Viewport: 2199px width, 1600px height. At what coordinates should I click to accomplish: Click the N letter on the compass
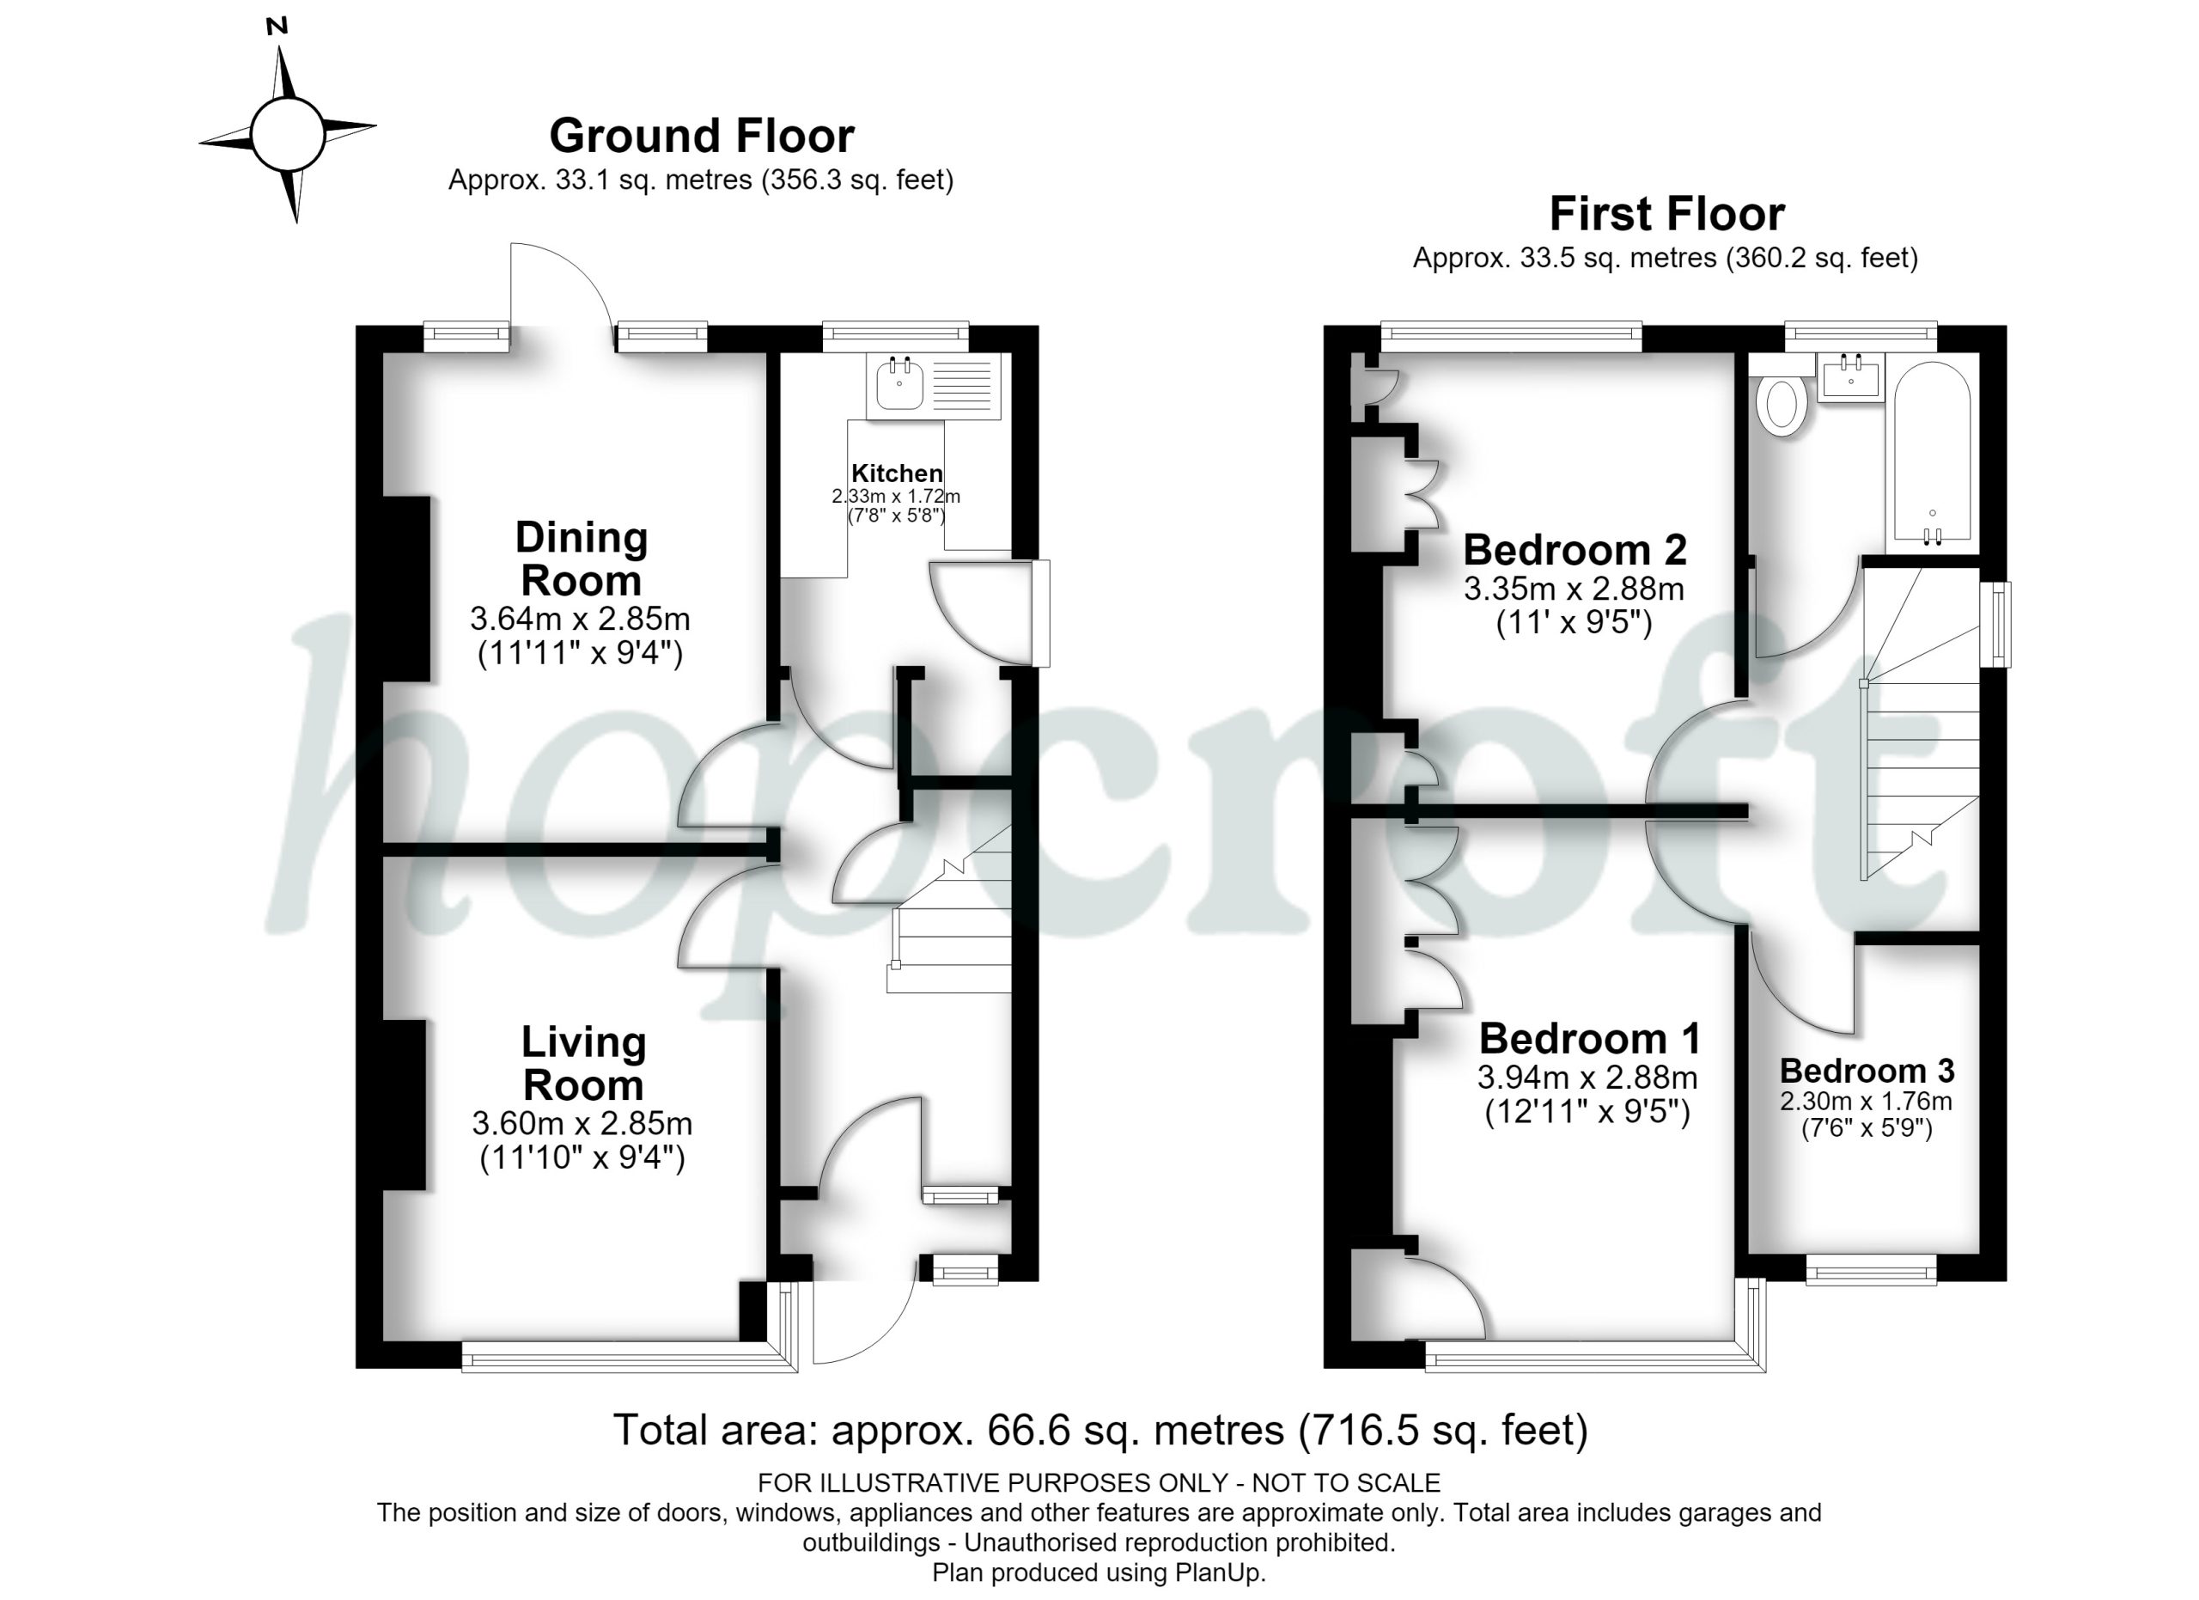click(277, 27)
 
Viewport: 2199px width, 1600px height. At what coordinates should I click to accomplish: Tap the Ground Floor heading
click(702, 136)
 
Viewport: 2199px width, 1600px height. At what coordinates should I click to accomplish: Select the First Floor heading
click(1666, 214)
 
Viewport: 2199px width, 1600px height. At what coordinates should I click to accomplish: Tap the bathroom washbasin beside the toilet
click(1852, 376)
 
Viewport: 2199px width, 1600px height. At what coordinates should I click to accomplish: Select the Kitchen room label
click(897, 473)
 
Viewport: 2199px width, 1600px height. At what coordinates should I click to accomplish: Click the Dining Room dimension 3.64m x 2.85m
click(580, 618)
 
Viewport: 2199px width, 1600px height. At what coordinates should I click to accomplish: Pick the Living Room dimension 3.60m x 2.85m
click(582, 1123)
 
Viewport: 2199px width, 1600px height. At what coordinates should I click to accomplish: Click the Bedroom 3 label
click(1867, 1071)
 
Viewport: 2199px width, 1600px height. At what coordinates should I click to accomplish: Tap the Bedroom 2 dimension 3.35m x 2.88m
click(1574, 589)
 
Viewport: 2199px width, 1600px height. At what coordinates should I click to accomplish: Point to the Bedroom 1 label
click(1589, 1039)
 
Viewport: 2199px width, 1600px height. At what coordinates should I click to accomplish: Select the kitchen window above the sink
click(896, 335)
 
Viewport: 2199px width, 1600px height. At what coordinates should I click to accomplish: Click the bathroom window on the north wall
click(1861, 335)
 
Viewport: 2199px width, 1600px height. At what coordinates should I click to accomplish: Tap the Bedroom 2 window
click(1511, 335)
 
